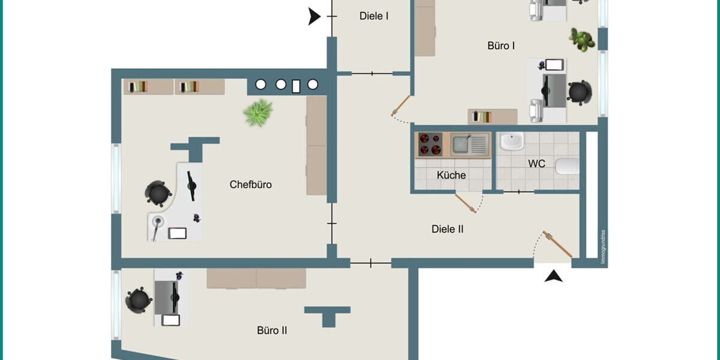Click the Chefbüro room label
(x=250, y=185)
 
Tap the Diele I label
(x=374, y=16)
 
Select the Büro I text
(x=501, y=46)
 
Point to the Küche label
(x=451, y=175)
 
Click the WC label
(x=536, y=164)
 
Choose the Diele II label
(x=448, y=229)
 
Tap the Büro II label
(x=272, y=331)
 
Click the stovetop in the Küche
(x=430, y=145)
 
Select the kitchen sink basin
(x=461, y=145)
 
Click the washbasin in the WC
(x=512, y=142)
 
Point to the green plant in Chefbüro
(x=258, y=113)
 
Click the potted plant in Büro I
(x=582, y=40)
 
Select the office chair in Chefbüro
(x=158, y=193)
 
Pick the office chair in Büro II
(x=139, y=300)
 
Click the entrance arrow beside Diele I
(x=314, y=16)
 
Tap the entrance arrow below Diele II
(x=553, y=276)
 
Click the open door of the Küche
(x=466, y=203)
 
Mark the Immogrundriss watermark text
(x=604, y=247)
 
